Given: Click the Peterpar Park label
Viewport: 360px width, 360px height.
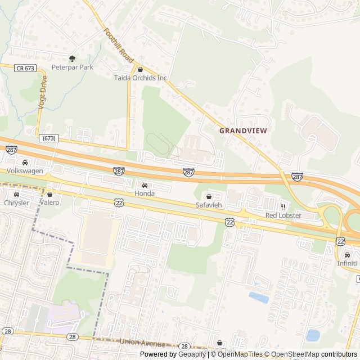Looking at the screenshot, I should tap(73, 67).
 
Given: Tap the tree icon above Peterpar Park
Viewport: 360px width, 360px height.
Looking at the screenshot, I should tap(72, 58).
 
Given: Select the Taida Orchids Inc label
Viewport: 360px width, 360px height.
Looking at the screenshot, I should tap(140, 78).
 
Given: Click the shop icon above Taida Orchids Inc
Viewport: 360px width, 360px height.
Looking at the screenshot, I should tap(140, 70).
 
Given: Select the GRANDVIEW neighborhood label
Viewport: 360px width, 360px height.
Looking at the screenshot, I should tap(243, 130).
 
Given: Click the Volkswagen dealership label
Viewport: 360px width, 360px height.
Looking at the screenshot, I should tap(25, 171).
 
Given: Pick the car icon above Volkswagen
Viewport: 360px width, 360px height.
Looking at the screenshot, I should tap(25, 163).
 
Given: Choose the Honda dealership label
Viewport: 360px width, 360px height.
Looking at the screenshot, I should tap(144, 193).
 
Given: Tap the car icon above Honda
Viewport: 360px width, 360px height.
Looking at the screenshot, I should tap(145, 185).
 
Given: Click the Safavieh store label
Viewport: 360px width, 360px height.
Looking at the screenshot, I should tap(209, 205).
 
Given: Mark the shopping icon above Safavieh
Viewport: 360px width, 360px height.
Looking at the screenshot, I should tap(209, 197).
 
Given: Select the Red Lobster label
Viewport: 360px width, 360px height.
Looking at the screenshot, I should tap(283, 215).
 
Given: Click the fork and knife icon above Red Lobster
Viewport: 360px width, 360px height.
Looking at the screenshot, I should tap(283, 207).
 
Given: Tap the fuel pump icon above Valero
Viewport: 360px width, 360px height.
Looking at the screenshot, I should tap(49, 194).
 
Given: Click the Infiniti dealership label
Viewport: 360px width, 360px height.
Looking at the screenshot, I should tap(346, 263).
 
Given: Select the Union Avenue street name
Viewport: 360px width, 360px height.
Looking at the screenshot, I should tap(143, 343).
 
